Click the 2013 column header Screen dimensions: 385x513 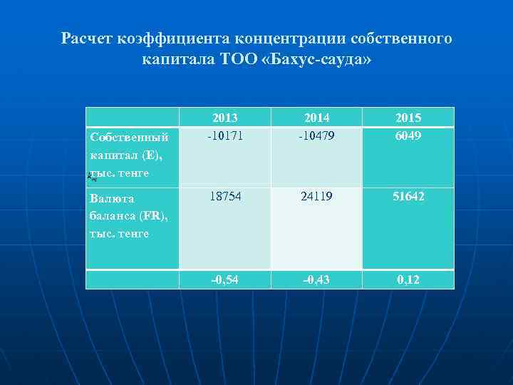click(x=224, y=118)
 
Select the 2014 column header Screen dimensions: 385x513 click(x=316, y=118)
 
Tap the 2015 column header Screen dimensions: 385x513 click(x=408, y=118)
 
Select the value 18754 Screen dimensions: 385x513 click(x=224, y=195)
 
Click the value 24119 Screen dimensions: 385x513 click(x=316, y=195)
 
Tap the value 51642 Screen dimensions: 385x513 click(x=408, y=195)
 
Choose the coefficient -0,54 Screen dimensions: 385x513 click(x=224, y=279)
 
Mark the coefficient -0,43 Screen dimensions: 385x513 click(x=316, y=279)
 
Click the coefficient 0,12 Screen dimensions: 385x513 click(x=408, y=279)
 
